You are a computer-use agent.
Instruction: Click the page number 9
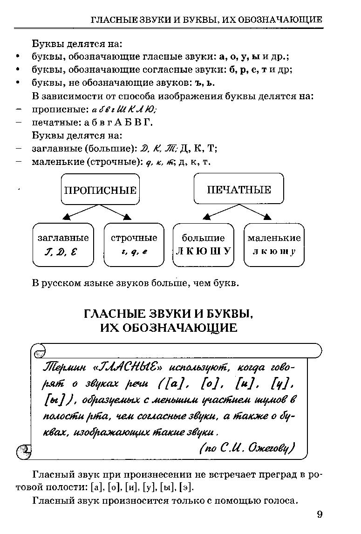(319, 514)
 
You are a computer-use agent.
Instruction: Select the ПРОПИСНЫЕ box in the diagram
(100, 190)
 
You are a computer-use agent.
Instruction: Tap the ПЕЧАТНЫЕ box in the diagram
(238, 189)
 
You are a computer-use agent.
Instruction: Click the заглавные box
(63, 245)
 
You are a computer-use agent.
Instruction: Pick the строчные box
(134, 245)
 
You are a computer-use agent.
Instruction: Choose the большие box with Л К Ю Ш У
(203, 245)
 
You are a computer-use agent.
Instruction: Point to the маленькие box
(274, 245)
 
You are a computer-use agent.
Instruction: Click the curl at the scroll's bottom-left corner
(23, 452)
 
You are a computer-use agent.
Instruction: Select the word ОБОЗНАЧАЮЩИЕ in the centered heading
(184, 328)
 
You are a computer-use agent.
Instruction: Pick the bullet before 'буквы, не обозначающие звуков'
(18, 82)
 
